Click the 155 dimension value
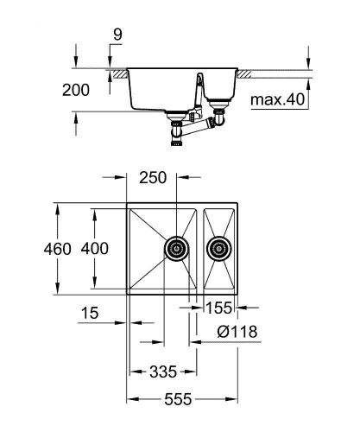(x=219, y=307)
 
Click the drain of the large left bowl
(x=177, y=249)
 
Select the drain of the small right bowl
(x=219, y=250)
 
